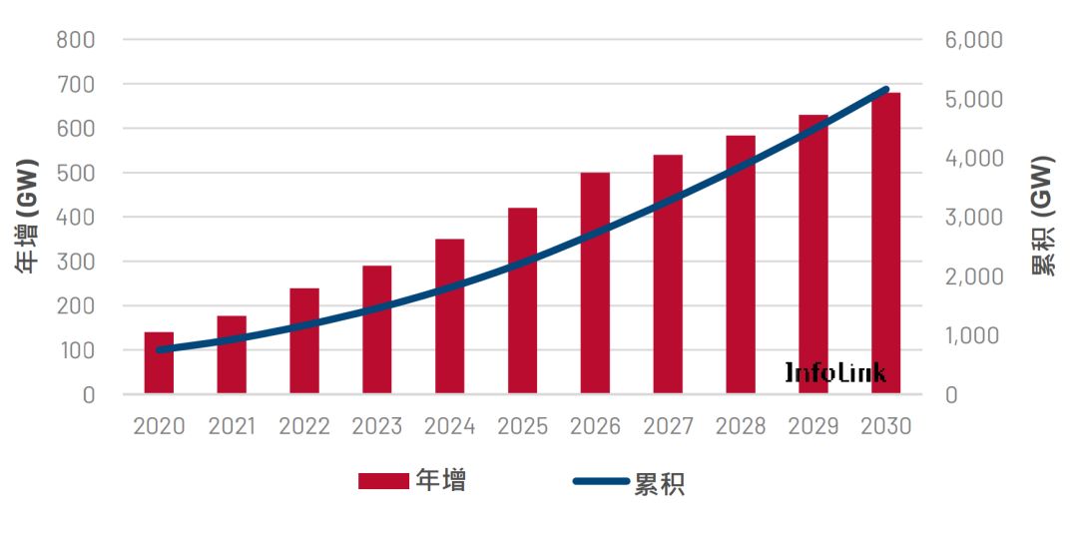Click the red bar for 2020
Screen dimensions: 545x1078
(x=159, y=362)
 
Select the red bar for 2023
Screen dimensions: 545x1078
(x=377, y=329)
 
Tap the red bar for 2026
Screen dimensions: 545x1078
(x=595, y=283)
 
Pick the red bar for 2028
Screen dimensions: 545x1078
(x=741, y=265)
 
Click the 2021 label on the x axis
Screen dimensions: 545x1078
(x=232, y=426)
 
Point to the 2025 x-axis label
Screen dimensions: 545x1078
(x=523, y=426)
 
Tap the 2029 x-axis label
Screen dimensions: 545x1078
(x=813, y=426)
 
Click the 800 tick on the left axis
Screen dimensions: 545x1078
(x=76, y=40)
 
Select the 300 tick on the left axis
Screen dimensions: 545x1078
(x=76, y=262)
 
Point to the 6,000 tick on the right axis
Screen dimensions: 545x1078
(x=973, y=40)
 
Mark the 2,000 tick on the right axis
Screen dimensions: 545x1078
(x=973, y=276)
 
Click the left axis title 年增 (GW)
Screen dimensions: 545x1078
(x=28, y=217)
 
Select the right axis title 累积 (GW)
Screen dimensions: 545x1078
(x=1043, y=217)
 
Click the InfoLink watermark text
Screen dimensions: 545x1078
(x=834, y=373)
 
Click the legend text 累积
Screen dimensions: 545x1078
(x=660, y=483)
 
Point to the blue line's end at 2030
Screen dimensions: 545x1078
(x=885, y=90)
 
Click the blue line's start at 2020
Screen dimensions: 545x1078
(x=159, y=350)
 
